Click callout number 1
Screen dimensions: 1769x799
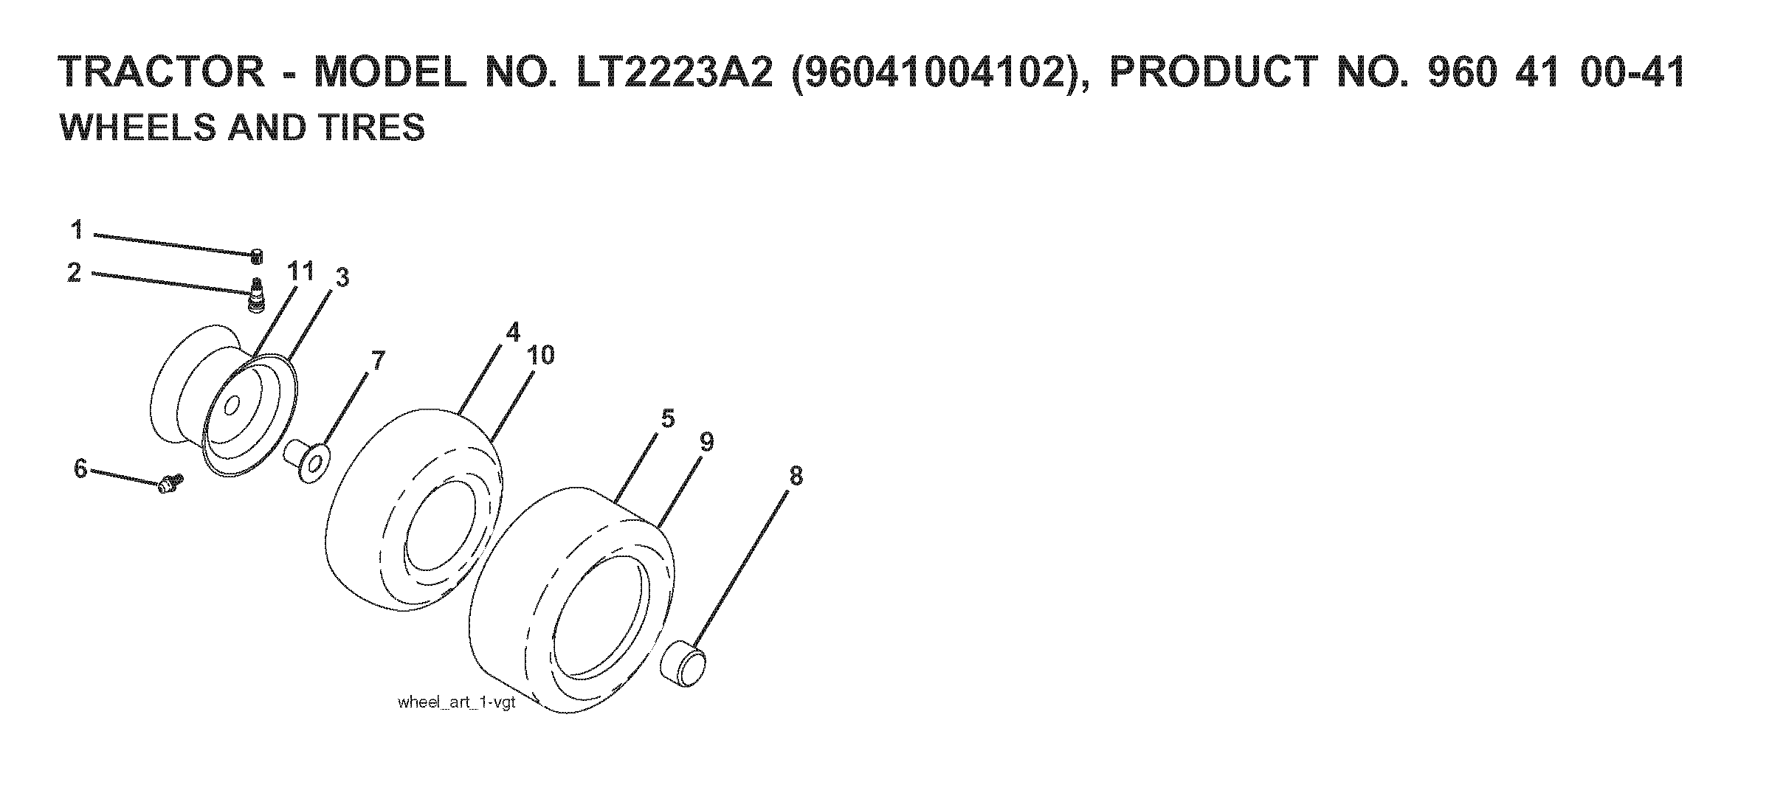tap(77, 230)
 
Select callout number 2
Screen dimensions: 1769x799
tap(75, 273)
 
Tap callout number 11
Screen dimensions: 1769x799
tap(300, 271)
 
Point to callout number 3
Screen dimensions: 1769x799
tap(342, 278)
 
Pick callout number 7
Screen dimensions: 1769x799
tap(377, 362)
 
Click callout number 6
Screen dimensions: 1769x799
tap(80, 468)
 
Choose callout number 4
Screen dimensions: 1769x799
tap(513, 332)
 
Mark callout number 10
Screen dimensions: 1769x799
tap(541, 356)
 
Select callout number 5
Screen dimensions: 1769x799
tap(668, 419)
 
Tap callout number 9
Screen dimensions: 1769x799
tap(707, 443)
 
